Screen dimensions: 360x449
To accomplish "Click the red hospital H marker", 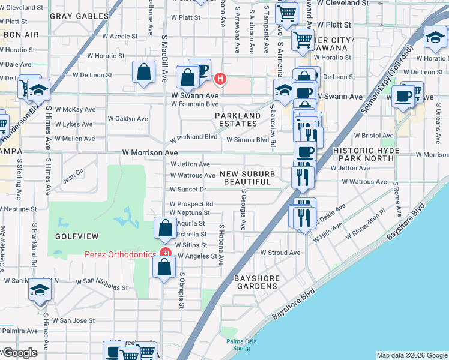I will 220,79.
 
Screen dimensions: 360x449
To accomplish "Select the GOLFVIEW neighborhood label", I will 73,237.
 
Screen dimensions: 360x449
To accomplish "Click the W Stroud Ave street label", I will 280,253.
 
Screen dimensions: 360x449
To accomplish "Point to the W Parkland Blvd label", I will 193,137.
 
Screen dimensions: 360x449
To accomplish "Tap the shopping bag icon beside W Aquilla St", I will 165,227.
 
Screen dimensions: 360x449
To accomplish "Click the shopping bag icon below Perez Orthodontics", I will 164,267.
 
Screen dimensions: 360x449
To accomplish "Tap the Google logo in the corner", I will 19,353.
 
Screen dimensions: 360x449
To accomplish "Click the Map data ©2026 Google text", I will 412,355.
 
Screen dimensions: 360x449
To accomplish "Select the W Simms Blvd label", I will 247,140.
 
